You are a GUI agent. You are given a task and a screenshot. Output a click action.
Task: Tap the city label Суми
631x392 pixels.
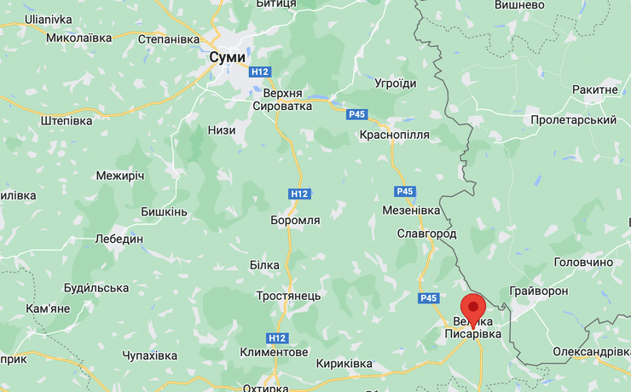(227, 56)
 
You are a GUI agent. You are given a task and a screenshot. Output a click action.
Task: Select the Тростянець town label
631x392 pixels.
(288, 295)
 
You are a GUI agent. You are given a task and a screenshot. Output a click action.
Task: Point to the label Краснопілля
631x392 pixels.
(395, 135)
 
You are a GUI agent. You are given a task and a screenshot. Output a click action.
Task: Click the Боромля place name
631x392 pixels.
(295, 220)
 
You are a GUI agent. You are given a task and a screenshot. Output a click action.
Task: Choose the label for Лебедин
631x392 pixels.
(119, 239)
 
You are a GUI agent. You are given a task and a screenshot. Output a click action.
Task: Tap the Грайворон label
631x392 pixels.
(539, 291)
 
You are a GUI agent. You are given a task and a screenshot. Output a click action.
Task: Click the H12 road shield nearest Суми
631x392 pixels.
(260, 72)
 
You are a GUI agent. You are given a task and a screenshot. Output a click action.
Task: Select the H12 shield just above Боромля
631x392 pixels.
(299, 194)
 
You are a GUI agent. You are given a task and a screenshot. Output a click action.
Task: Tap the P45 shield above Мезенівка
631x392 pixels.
(406, 192)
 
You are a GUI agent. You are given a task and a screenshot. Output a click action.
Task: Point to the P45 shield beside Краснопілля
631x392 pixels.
(357, 114)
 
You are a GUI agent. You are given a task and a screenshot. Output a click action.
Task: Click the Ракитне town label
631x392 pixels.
(595, 89)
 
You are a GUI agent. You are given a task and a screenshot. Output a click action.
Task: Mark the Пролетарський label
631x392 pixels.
(573, 120)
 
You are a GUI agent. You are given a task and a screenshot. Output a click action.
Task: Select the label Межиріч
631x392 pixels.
(120, 176)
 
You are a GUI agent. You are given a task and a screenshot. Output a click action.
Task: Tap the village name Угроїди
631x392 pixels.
(396, 84)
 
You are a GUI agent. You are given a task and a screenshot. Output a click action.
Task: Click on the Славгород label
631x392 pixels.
(426, 233)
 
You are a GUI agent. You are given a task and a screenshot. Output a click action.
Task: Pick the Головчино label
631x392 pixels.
(583, 262)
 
